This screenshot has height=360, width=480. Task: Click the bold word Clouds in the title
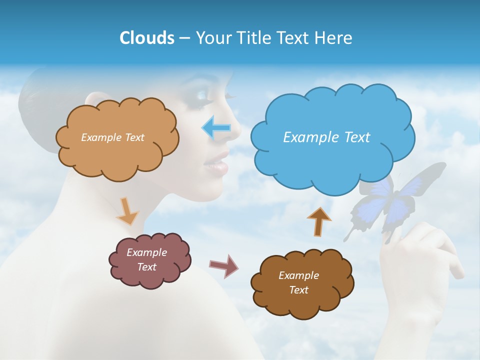pos(146,38)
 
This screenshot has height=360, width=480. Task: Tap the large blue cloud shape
pos(332,115)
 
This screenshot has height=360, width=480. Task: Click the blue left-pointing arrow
pos(216,128)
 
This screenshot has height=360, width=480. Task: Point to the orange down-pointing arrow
pos(127,210)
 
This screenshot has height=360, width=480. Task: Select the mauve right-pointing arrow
pos(223,265)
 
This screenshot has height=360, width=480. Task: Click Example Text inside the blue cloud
pos(326,137)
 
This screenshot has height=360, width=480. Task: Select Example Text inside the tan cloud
pos(112,137)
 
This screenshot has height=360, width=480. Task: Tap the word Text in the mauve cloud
pos(146,267)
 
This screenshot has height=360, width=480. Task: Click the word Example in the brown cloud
pos(298,275)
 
